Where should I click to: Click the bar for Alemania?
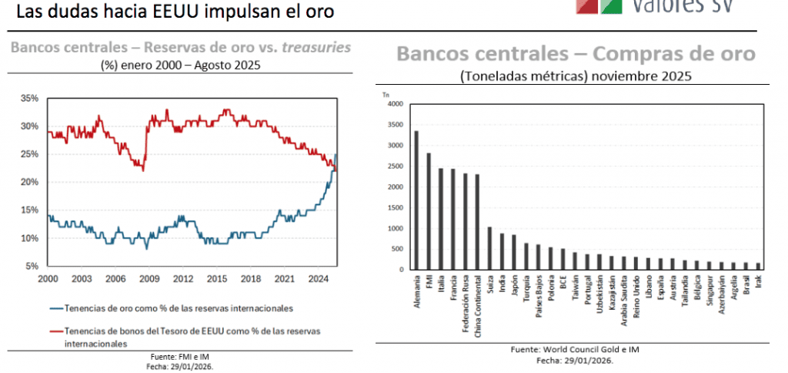[416, 200]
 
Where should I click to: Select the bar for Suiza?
[489, 248]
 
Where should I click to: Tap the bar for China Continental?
[477, 222]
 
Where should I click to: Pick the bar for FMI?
[429, 211]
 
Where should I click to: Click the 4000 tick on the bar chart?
[394, 104]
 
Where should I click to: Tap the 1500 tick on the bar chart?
[394, 208]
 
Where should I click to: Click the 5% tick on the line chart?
[32, 266]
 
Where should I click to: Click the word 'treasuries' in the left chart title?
[316, 47]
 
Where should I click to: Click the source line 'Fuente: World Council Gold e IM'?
[574, 349]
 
